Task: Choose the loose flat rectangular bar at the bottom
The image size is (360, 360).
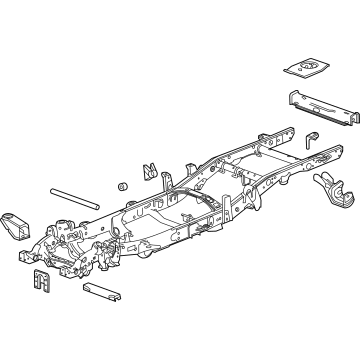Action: pyautogui.click(x=101, y=292)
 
